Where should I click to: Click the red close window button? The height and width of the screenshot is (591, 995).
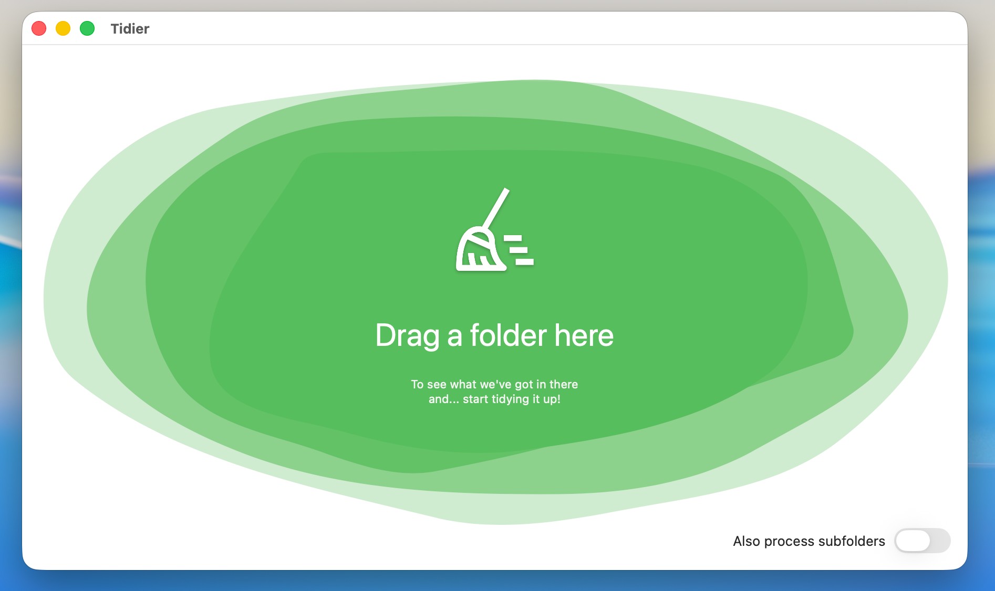coord(39,28)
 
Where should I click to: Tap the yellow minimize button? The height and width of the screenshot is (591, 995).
coord(63,28)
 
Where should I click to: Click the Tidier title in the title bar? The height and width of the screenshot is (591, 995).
coord(130,29)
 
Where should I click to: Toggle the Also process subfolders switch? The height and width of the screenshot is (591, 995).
coord(923,541)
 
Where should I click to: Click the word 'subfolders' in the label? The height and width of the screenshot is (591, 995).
coord(852,541)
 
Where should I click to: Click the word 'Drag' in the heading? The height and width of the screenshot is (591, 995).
coord(408,336)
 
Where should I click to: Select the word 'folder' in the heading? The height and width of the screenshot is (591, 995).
coord(509,335)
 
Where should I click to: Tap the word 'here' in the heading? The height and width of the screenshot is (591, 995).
coord(584,335)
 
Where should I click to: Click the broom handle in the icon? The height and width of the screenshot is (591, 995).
coord(496,208)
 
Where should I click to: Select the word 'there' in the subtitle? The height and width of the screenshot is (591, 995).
coord(564,384)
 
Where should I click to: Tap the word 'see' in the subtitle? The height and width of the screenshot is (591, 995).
coord(437,385)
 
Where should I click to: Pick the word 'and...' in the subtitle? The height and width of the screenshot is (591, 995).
coord(444,399)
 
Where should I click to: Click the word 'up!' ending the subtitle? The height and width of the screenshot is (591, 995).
coord(552,399)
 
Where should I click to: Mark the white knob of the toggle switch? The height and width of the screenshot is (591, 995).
coord(913,541)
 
